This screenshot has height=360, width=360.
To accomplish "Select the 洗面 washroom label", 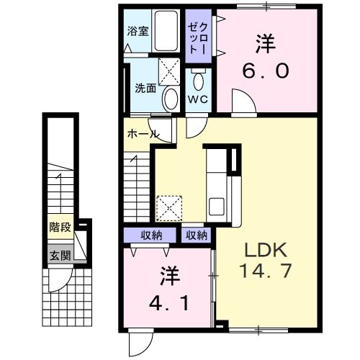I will tap(146, 89).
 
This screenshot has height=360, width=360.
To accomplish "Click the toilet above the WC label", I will tap(198, 77).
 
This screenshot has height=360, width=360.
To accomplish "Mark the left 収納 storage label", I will tap(150, 235).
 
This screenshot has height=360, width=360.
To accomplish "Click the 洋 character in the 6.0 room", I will tap(264, 43).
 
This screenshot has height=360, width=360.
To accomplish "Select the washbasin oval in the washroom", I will tap(170, 98).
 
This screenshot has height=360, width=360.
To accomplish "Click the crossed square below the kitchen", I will tap(170, 207).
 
